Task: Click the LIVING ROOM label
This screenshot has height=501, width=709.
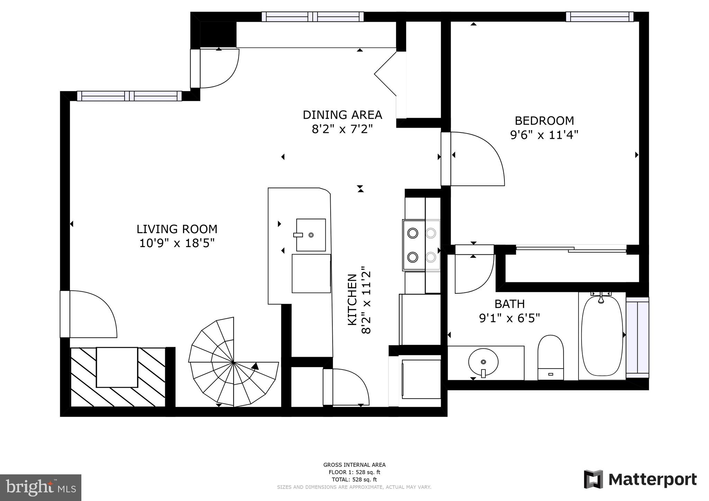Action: point(177,229)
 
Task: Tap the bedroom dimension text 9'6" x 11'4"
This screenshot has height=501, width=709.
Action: point(544,135)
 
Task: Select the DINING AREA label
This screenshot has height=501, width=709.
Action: point(342,115)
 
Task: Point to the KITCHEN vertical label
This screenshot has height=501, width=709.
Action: point(352,300)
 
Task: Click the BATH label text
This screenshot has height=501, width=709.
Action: point(509,304)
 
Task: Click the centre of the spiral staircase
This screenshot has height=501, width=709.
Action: point(234,362)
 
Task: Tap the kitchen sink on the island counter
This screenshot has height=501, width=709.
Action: point(311,235)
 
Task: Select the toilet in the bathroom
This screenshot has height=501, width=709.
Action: point(550,356)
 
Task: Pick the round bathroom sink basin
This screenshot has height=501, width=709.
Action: point(483,362)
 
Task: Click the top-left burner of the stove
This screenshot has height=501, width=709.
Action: point(413,233)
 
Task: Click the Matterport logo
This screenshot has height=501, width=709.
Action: point(640,480)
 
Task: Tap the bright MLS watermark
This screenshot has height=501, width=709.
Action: point(41,488)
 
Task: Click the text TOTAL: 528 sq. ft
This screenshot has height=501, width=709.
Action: point(354,480)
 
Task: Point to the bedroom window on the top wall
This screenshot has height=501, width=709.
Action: point(600,17)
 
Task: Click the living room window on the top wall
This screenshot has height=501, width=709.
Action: point(129,96)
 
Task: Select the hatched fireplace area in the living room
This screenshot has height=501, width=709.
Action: point(118,377)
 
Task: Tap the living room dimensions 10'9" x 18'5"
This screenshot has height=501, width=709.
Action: point(177,243)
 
